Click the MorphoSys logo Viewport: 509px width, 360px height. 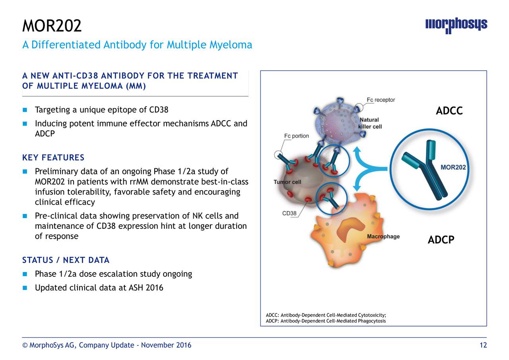pyautogui.click(x=456, y=25)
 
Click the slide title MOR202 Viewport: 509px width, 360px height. pyautogui.click(x=52, y=26)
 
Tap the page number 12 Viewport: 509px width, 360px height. pyautogui.click(x=483, y=345)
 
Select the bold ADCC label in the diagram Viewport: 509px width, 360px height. pyautogui.click(x=449, y=111)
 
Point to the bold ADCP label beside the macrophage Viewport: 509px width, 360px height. pyautogui.click(x=441, y=240)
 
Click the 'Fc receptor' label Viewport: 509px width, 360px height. pyautogui.click(x=381, y=100)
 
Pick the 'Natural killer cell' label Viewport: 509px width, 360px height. pyautogui.click(x=370, y=123)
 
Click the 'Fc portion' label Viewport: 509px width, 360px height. pyautogui.click(x=296, y=136)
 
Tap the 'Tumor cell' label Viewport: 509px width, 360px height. pyautogui.click(x=287, y=182)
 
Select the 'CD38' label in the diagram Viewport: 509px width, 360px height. pyautogui.click(x=289, y=214)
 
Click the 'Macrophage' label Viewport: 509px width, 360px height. pyautogui.click(x=383, y=237)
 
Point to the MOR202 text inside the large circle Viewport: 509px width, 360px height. pyautogui.click(x=453, y=167)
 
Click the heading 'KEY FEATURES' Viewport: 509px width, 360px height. pyautogui.click(x=53, y=158)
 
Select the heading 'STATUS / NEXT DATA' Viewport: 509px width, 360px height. pyautogui.click(x=66, y=261)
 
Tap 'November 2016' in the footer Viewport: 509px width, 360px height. pyautogui.click(x=166, y=345)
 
